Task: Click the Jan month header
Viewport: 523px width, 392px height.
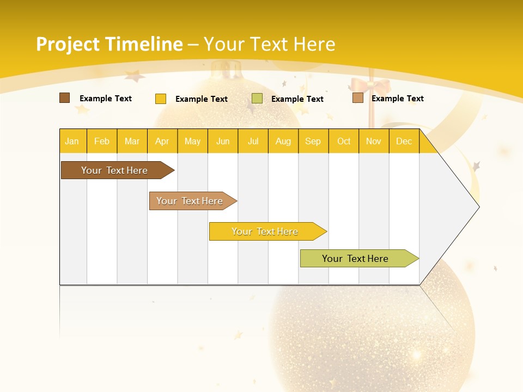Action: pyautogui.click(x=72, y=141)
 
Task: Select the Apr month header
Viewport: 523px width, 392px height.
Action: pyautogui.click(x=162, y=141)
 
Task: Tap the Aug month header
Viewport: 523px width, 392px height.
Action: pyautogui.click(x=283, y=141)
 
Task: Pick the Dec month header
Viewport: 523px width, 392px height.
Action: pyautogui.click(x=404, y=141)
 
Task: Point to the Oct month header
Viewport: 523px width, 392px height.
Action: pyautogui.click(x=344, y=141)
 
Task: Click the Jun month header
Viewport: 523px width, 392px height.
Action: pyautogui.click(x=223, y=141)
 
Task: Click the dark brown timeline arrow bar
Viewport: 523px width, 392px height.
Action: pyautogui.click(x=114, y=170)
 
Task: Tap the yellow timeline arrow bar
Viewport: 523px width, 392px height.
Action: pyautogui.click(x=265, y=231)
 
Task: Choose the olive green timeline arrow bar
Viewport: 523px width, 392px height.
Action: pyautogui.click(x=355, y=259)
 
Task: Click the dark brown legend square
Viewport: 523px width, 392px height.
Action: pyautogui.click(x=64, y=98)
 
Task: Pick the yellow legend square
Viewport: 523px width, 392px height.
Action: pyautogui.click(x=161, y=99)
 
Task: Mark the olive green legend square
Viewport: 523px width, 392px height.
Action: pyautogui.click(x=257, y=99)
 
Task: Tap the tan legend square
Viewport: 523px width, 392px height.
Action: pyautogui.click(x=357, y=98)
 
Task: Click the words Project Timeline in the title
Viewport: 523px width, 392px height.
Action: pyautogui.click(x=109, y=44)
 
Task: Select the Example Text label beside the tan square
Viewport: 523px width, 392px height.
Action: pyautogui.click(x=397, y=98)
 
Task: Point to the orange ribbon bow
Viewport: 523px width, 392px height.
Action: pyautogui.click(x=363, y=85)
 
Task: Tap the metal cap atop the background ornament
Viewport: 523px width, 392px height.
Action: pyautogui.click(x=227, y=70)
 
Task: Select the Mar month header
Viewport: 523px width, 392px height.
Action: pyautogui.click(x=132, y=141)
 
